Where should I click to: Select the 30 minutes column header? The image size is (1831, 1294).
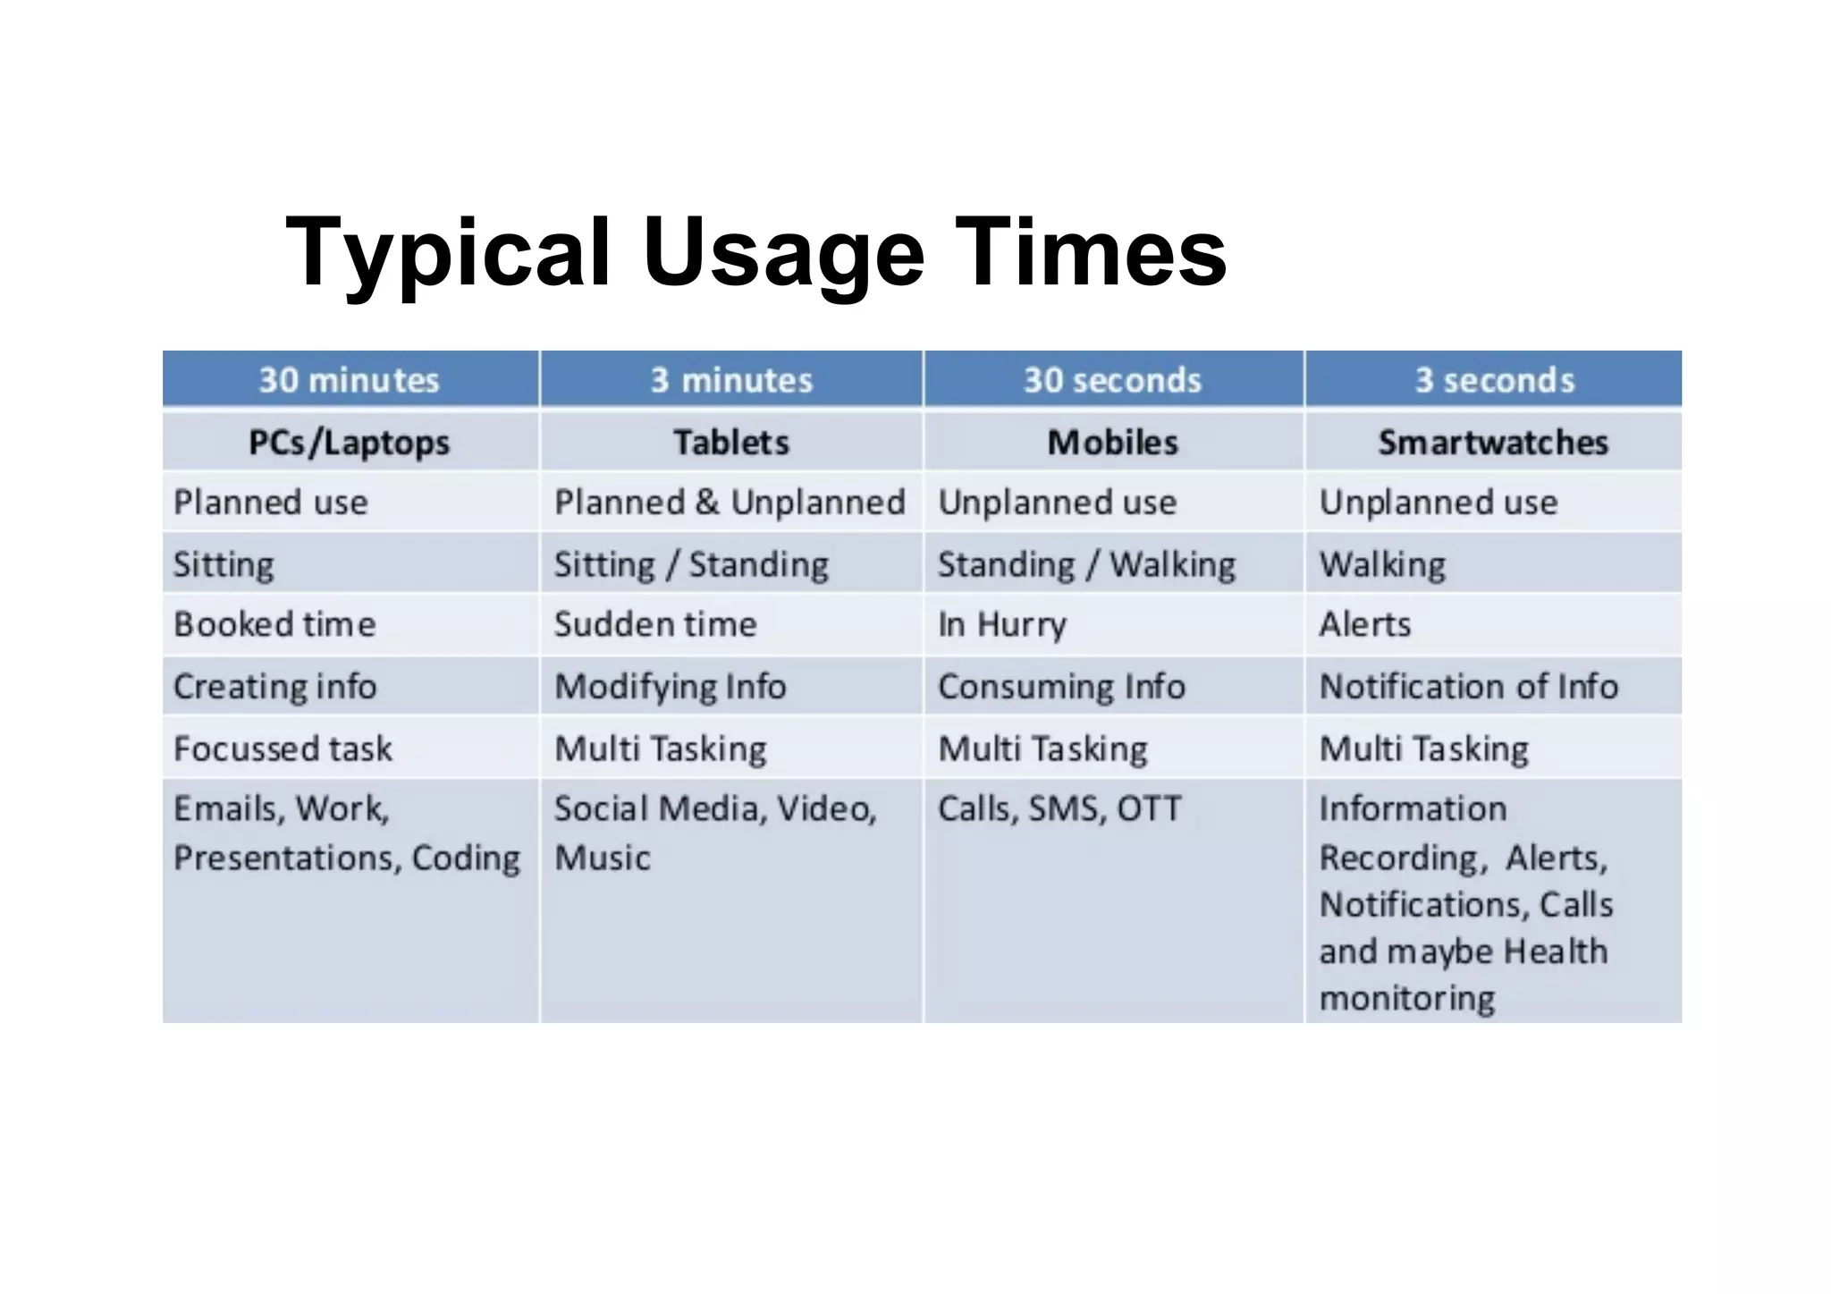coord(350,380)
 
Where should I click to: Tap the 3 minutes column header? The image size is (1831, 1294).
coord(731,380)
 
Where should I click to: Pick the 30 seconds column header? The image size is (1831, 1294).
coord(1112,380)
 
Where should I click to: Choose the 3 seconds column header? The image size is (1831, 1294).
coord(1494,380)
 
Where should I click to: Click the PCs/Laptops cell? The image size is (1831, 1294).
coord(350,442)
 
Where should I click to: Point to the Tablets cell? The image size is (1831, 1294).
coord(731,442)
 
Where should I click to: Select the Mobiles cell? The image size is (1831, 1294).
coord(1112,442)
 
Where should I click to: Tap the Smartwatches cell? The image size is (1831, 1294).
coord(1493,442)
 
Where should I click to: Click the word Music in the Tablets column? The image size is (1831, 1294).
coord(603,858)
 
